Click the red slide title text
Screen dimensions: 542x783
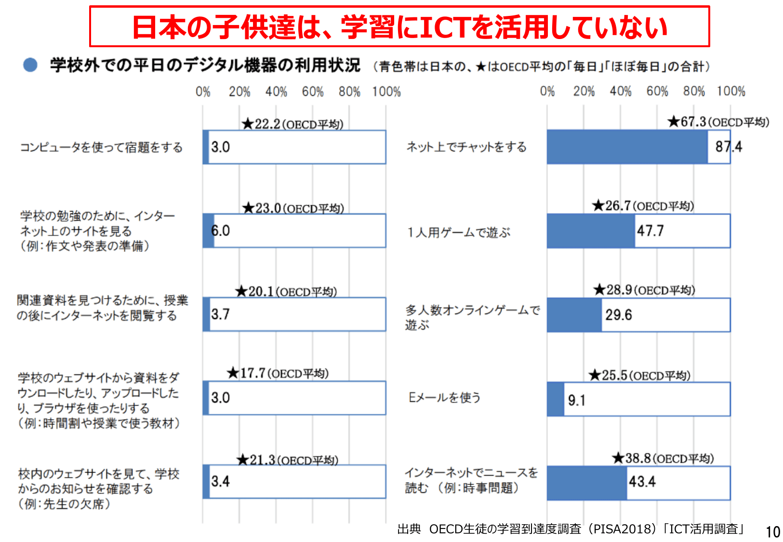(x=399, y=27)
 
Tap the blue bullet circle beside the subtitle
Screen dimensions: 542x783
(x=30, y=65)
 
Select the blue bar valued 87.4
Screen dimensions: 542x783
(x=627, y=147)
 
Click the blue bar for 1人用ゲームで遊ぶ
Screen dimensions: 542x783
(x=591, y=231)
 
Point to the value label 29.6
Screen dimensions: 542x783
(x=619, y=315)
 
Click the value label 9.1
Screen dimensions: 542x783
(x=576, y=400)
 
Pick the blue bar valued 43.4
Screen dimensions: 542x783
(x=586, y=483)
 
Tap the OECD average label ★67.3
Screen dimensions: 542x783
(x=718, y=122)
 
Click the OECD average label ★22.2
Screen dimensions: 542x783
(x=292, y=124)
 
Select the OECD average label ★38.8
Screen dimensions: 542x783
(x=663, y=458)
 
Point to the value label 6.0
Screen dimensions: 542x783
(x=221, y=231)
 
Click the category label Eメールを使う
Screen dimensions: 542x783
(x=444, y=397)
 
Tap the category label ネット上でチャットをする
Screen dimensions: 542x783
(x=466, y=147)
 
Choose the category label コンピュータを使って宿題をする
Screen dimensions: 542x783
(x=101, y=147)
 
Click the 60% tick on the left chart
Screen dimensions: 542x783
(x=313, y=92)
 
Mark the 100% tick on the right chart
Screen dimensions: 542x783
(x=730, y=91)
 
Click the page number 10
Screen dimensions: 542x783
(x=772, y=531)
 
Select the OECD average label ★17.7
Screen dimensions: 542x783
(x=278, y=373)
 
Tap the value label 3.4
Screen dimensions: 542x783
(x=221, y=481)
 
